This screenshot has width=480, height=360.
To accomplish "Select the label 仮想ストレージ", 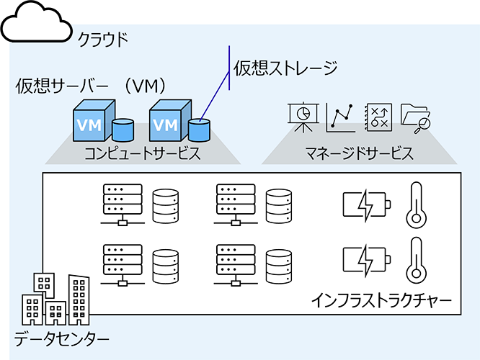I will (285, 68).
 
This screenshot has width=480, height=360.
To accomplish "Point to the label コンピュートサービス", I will (141, 153).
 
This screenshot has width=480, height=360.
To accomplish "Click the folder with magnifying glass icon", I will (415, 117).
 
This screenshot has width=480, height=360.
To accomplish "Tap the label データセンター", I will (63, 338).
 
